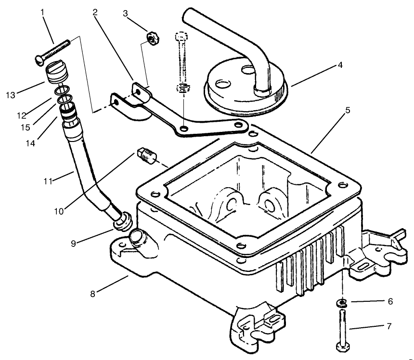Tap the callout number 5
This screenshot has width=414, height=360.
(x=347, y=110)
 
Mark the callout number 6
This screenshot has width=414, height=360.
(x=390, y=302)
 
